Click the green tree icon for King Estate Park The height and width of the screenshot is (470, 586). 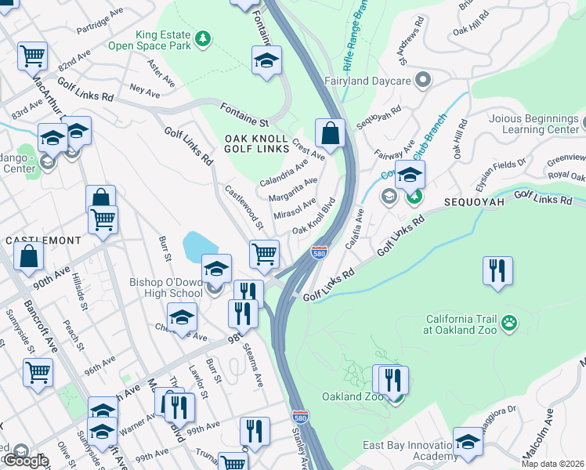[x=203, y=38]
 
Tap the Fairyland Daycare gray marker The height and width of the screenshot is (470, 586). [x=423, y=80]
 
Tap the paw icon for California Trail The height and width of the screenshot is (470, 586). [x=509, y=321]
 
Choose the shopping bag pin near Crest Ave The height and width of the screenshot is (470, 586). [x=330, y=134]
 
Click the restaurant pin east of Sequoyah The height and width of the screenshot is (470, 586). [x=497, y=271]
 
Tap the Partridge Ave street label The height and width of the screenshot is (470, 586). [x=101, y=24]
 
